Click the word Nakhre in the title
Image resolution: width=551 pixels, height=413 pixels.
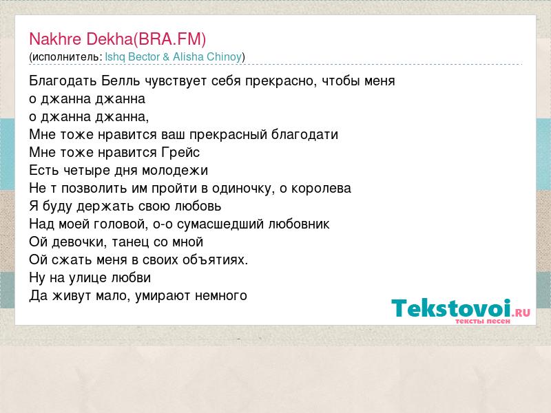(56, 39)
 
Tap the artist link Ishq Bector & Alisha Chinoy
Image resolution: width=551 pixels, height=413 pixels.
(174, 57)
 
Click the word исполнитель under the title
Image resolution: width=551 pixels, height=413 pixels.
(65, 57)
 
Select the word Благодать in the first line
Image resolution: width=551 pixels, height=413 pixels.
(63, 81)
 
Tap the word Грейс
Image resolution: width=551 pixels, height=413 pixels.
(180, 153)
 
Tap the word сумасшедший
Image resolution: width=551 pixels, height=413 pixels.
(220, 224)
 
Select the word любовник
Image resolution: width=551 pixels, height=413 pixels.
(299, 224)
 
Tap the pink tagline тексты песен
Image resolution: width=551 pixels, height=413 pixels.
(483, 321)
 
